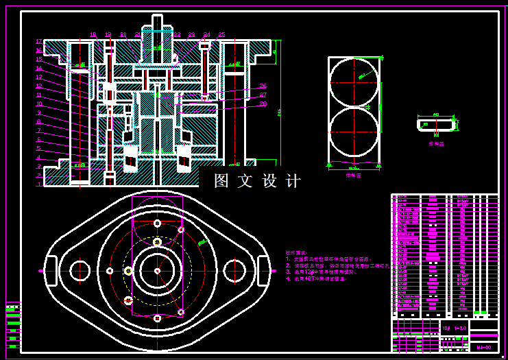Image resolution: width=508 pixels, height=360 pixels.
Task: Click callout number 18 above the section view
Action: tap(93, 34)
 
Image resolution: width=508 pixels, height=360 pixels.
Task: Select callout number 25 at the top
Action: tap(221, 34)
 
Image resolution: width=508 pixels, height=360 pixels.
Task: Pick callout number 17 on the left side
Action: tap(39, 42)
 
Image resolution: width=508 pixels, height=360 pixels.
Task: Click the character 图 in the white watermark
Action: tap(221, 181)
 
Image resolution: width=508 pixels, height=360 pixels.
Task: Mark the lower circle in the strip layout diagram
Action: tap(354, 133)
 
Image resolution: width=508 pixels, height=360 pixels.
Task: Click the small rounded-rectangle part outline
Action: tap(436, 125)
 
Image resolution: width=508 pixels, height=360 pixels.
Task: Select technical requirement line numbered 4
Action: tap(315, 279)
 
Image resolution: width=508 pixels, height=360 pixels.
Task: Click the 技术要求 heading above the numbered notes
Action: tap(297, 253)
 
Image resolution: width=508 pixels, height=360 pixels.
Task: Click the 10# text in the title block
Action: tap(446, 328)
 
